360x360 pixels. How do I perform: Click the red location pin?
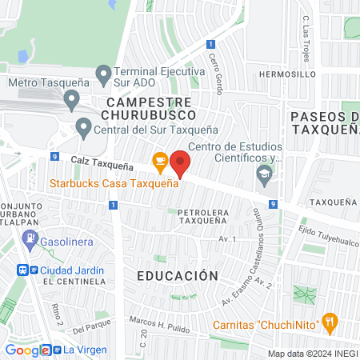(x=181, y=162)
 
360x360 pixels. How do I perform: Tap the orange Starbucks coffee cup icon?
(x=159, y=162)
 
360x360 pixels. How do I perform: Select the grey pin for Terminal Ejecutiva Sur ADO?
(x=102, y=76)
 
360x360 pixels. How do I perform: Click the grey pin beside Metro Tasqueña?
(x=71, y=100)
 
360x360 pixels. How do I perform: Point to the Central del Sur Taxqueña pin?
(x=83, y=126)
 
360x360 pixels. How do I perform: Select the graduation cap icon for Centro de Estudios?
(x=263, y=173)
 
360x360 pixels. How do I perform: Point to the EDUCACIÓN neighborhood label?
(x=177, y=275)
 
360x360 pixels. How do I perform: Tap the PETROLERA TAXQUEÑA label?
(x=193, y=216)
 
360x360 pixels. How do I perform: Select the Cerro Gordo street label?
(x=214, y=71)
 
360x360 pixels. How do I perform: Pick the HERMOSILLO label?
(x=282, y=73)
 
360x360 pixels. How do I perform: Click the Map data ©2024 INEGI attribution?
(x=312, y=354)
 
